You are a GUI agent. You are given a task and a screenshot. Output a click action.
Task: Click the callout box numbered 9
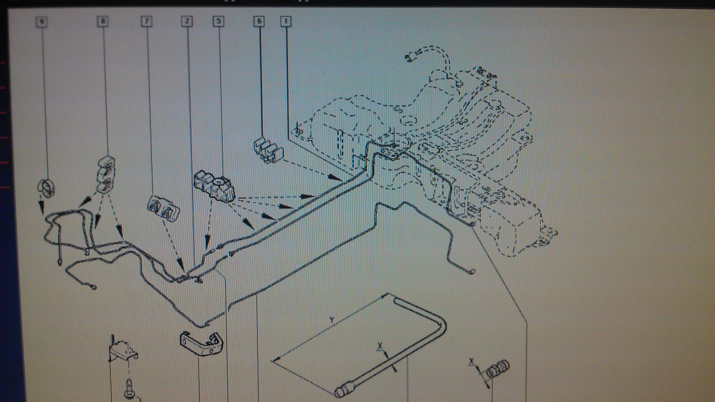[x=42, y=22]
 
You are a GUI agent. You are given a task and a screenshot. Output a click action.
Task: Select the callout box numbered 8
[x=103, y=21]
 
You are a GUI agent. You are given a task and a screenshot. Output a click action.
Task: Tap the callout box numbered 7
[x=147, y=21]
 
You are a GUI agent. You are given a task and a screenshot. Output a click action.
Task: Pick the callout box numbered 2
[x=187, y=21]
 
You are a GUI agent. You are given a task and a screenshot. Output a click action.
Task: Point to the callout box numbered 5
[x=218, y=21]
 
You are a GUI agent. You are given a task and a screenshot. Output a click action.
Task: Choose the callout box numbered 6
[x=259, y=21]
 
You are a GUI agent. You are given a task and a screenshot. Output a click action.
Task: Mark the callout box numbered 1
[x=286, y=21]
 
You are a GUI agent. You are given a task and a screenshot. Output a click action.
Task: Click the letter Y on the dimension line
[x=332, y=320]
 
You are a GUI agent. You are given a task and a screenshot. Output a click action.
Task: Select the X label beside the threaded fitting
[x=472, y=361]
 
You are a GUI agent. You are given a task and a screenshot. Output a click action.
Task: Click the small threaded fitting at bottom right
[x=498, y=370]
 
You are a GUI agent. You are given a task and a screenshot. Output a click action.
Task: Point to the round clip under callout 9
[x=46, y=188]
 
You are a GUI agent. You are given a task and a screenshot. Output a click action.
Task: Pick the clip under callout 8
[x=106, y=174]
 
